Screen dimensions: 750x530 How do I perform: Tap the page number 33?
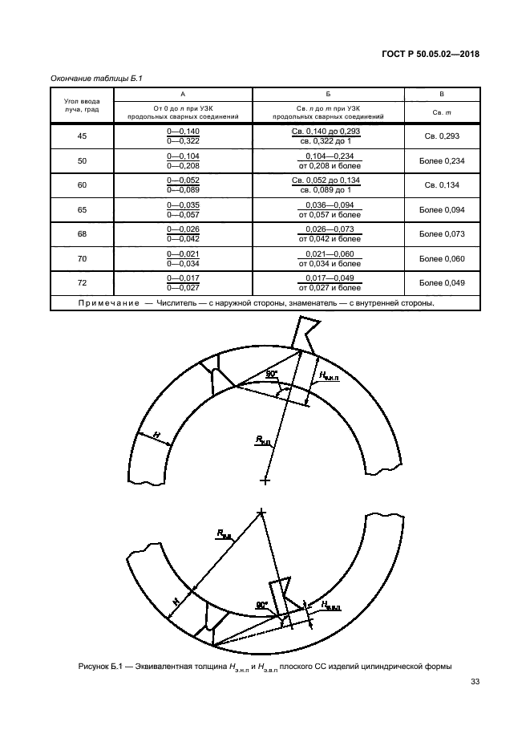tap(474, 683)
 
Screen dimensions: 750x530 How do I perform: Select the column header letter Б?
tap(328, 94)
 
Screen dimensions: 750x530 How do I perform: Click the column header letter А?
tap(184, 94)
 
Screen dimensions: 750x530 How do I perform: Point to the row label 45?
tap(82, 136)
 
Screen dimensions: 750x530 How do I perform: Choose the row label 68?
tap(82, 233)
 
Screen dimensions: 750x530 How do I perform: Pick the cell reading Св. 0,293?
tap(442, 136)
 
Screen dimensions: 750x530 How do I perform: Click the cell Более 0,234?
tap(442, 160)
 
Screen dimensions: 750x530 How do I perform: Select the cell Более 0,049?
tap(442, 282)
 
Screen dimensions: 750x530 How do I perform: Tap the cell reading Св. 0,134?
tap(442, 185)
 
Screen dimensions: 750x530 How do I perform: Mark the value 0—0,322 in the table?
tap(184, 141)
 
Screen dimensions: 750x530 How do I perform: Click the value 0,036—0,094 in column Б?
tap(328, 205)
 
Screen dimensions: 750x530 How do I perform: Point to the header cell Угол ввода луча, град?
tap(82, 106)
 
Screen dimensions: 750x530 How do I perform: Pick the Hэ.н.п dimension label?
tap(329, 375)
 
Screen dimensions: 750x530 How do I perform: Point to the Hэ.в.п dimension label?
tap(332, 603)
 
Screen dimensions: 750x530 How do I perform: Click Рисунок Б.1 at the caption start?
tap(99, 665)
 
